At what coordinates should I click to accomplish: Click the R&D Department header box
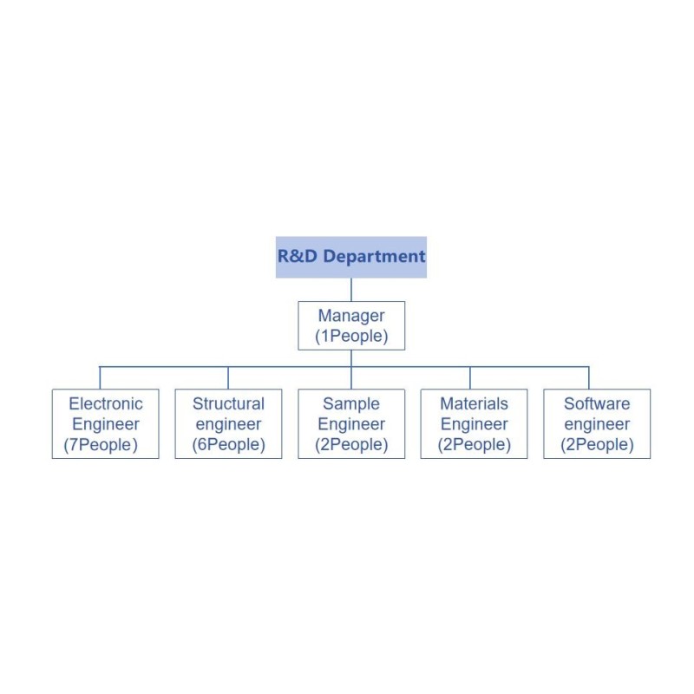[x=351, y=257]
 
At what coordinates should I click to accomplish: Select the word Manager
[x=351, y=316]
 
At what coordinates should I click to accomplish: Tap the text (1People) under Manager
[x=351, y=336]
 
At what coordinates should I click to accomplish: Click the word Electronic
[x=106, y=403]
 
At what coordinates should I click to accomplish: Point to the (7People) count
[x=101, y=445]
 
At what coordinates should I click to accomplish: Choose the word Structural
[x=228, y=403]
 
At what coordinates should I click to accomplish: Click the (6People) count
[x=228, y=445]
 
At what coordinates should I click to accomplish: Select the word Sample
[x=351, y=404]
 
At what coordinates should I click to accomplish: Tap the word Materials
[x=474, y=403]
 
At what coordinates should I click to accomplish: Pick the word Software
[x=597, y=403]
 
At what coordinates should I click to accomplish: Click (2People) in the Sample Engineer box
[x=351, y=445]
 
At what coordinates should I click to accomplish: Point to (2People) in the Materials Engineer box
[x=474, y=445]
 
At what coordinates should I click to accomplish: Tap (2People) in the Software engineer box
[x=597, y=445]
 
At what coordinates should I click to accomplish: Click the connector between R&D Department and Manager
[x=351, y=290]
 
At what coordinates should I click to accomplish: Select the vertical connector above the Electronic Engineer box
[x=100, y=378]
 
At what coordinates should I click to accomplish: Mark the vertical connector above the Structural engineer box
[x=228, y=378]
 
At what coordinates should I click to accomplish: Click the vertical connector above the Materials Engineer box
[x=470, y=378]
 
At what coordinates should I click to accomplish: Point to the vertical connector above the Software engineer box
[x=589, y=378]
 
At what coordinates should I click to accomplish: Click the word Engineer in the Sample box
[x=351, y=424]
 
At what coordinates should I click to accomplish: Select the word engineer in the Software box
[x=597, y=424]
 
